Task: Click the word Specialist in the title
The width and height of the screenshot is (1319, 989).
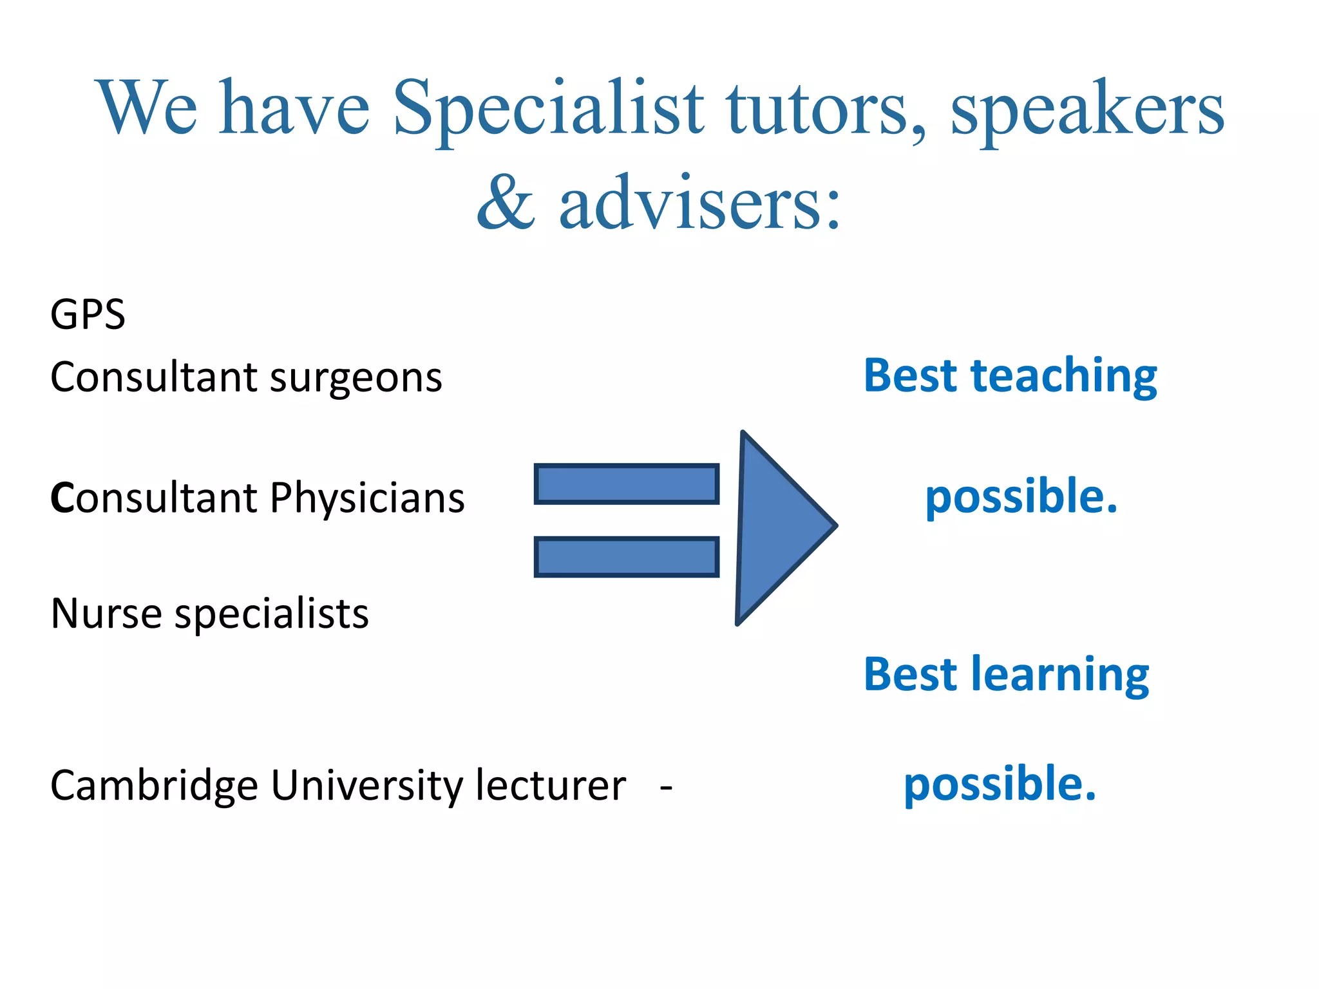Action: [x=548, y=109]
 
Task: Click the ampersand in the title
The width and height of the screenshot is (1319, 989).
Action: [x=506, y=203]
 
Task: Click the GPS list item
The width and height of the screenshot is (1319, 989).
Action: [x=88, y=315]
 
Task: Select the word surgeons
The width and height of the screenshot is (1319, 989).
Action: [x=356, y=378]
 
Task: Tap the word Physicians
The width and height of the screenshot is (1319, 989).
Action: [x=367, y=499]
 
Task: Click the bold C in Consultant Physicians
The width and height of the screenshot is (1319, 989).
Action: [x=62, y=499]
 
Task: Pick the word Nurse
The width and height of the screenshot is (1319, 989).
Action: [x=106, y=614]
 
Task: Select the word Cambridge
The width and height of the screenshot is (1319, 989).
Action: [x=154, y=787]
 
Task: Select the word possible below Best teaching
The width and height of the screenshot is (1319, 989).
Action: [x=1021, y=498]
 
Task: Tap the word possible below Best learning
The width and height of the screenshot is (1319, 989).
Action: [x=1000, y=785]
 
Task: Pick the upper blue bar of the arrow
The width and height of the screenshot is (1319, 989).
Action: [x=626, y=484]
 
